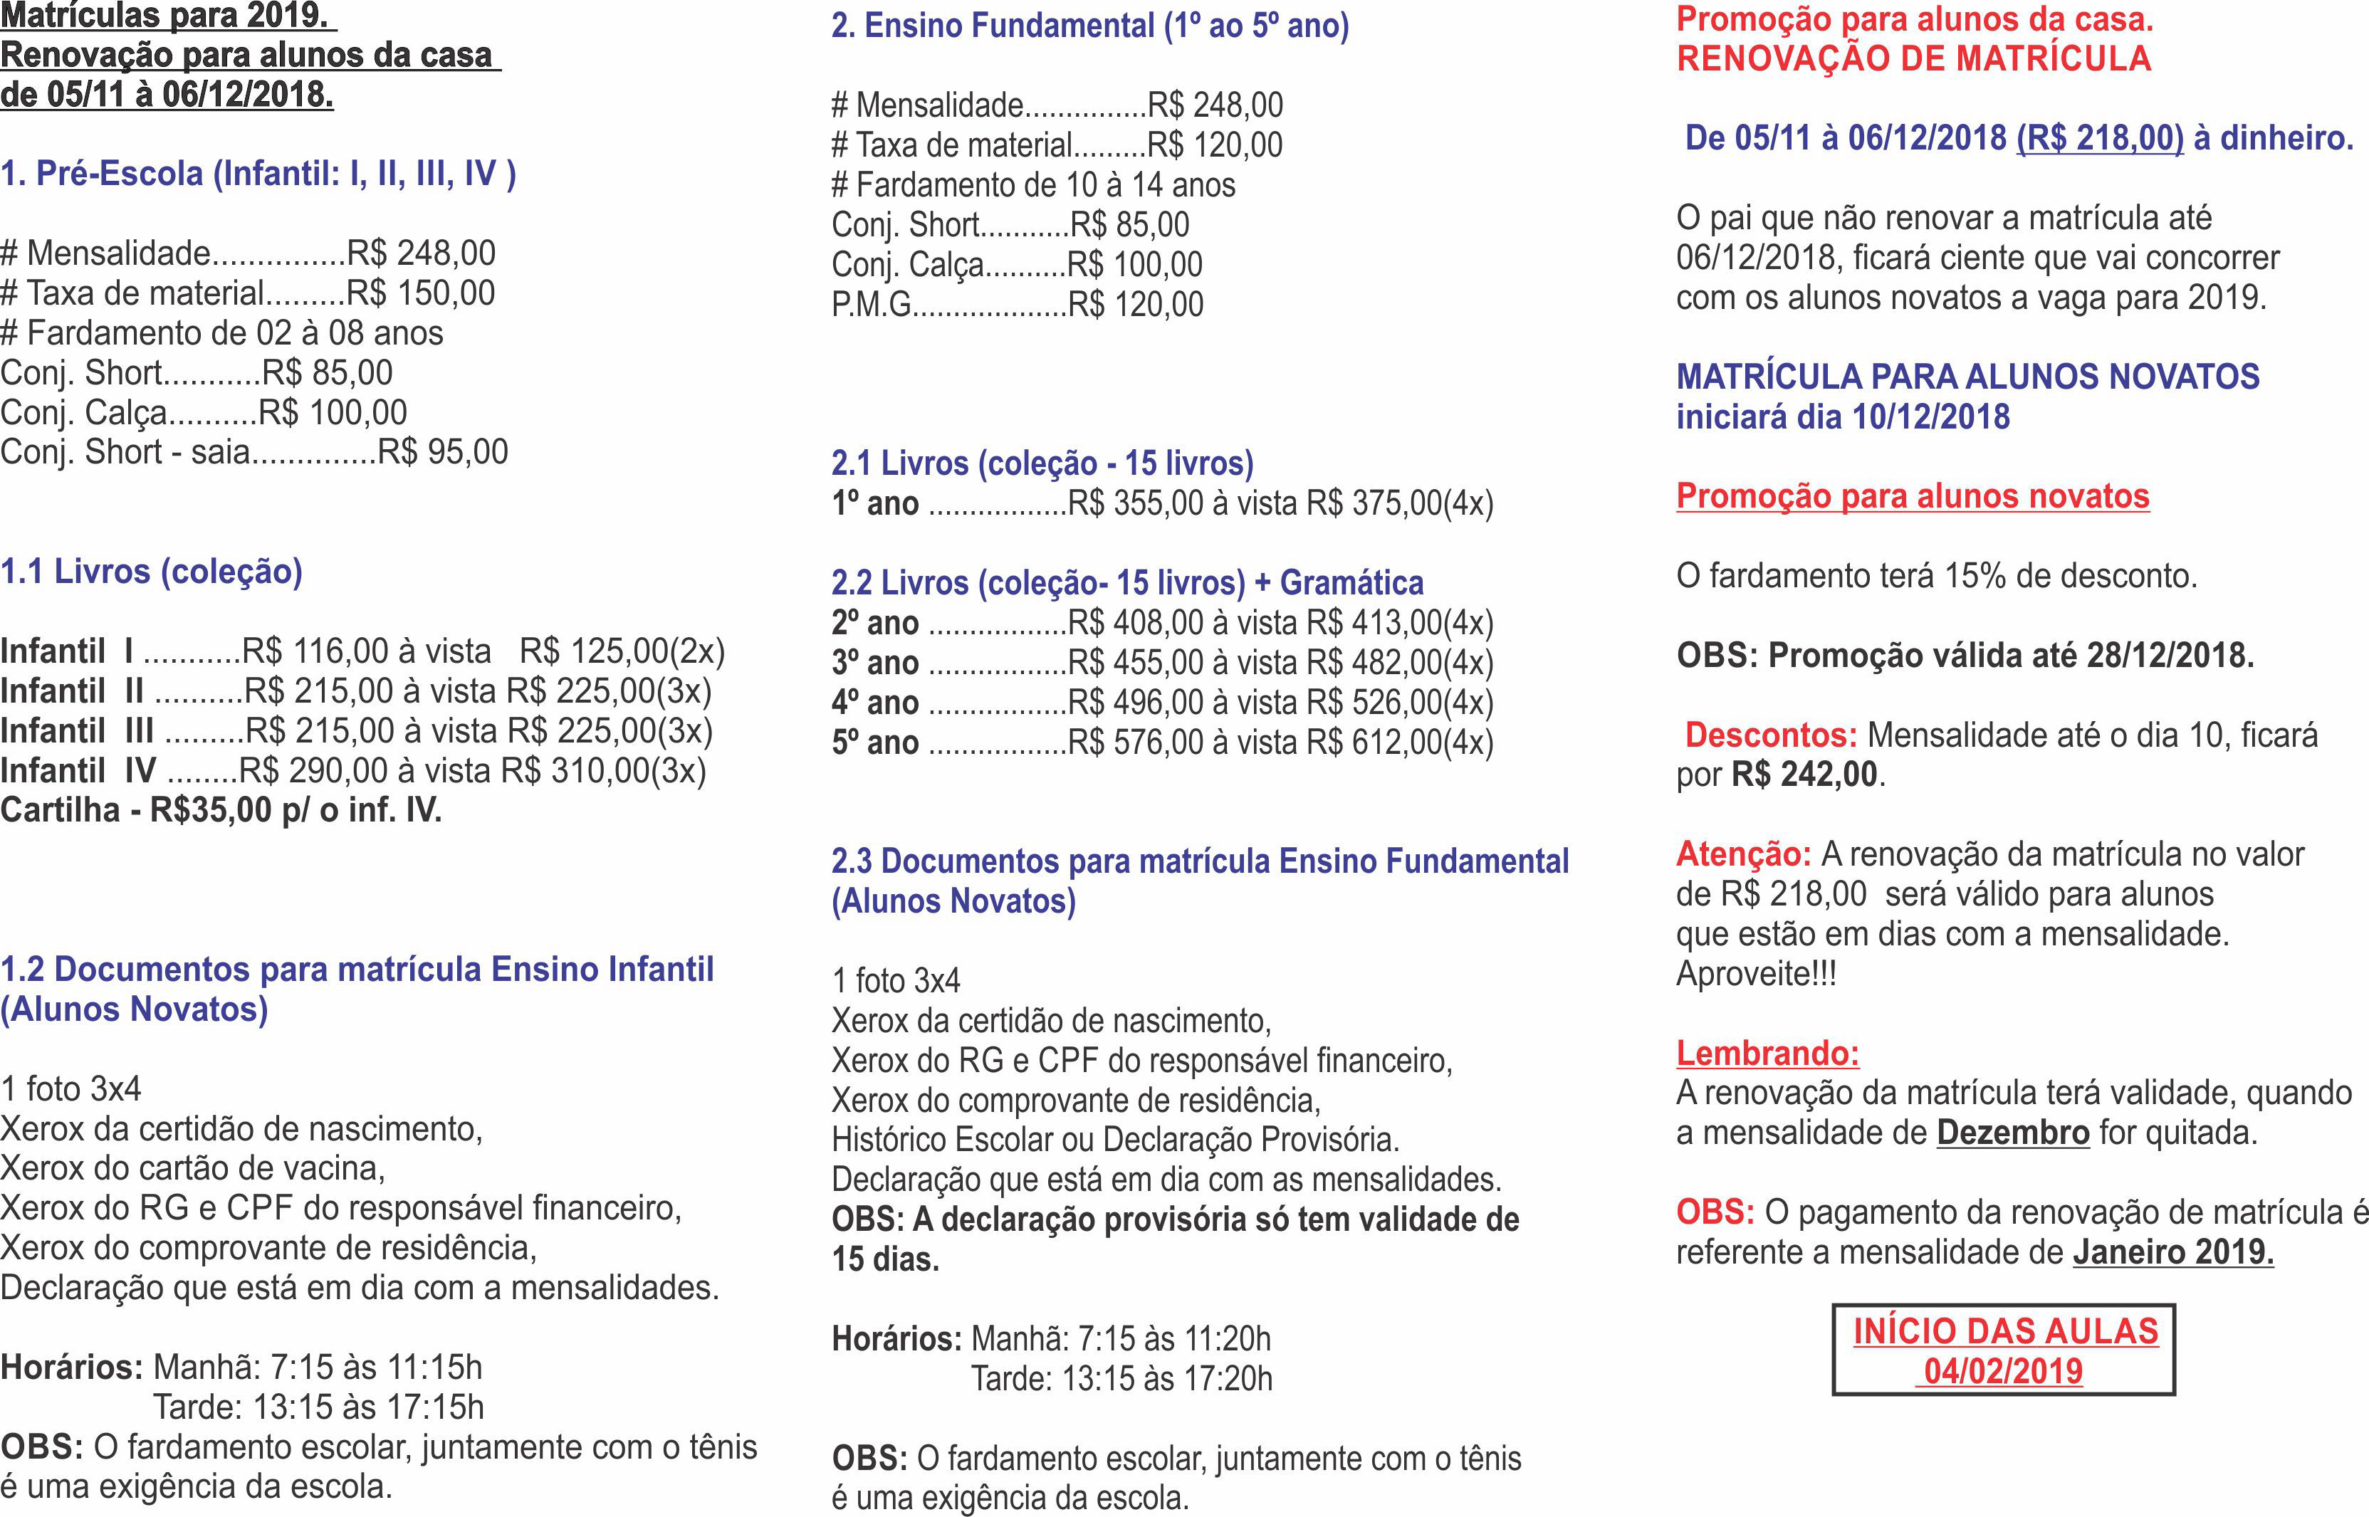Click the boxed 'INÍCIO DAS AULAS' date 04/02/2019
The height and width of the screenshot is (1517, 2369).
2004,1371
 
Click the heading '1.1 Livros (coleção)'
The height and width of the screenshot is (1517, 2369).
152,572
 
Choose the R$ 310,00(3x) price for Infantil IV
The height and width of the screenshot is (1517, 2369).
603,771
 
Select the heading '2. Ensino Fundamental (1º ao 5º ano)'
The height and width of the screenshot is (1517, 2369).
1089,26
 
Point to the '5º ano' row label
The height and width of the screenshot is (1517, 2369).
874,742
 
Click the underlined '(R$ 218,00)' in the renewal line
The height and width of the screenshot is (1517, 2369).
2100,138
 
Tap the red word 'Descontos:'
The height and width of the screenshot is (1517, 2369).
1770,735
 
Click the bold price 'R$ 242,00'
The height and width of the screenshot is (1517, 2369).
1804,775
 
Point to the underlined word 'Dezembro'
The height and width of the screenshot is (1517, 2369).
2012,1133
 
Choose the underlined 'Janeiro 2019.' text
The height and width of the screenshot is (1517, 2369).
2173,1252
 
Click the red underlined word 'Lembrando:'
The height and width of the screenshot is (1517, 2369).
1767,1053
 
